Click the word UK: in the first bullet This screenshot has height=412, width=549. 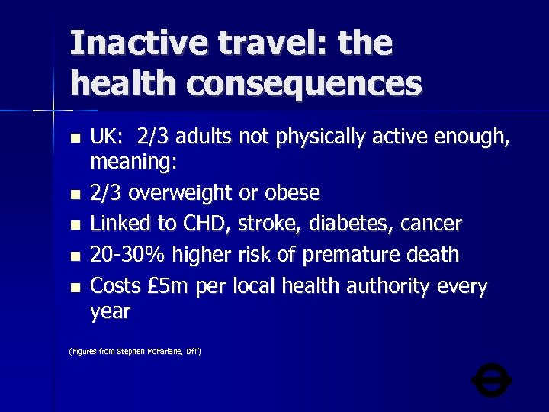coord(107,137)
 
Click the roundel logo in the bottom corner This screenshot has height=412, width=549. coord(492,378)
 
